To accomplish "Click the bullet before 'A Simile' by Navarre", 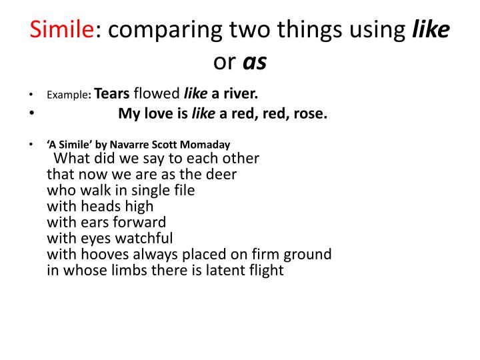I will click(31, 145).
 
